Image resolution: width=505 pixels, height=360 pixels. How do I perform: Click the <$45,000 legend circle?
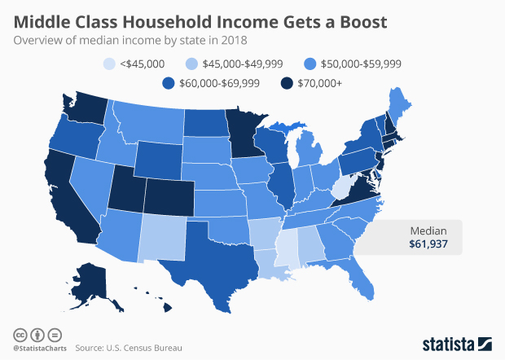tap(111, 63)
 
